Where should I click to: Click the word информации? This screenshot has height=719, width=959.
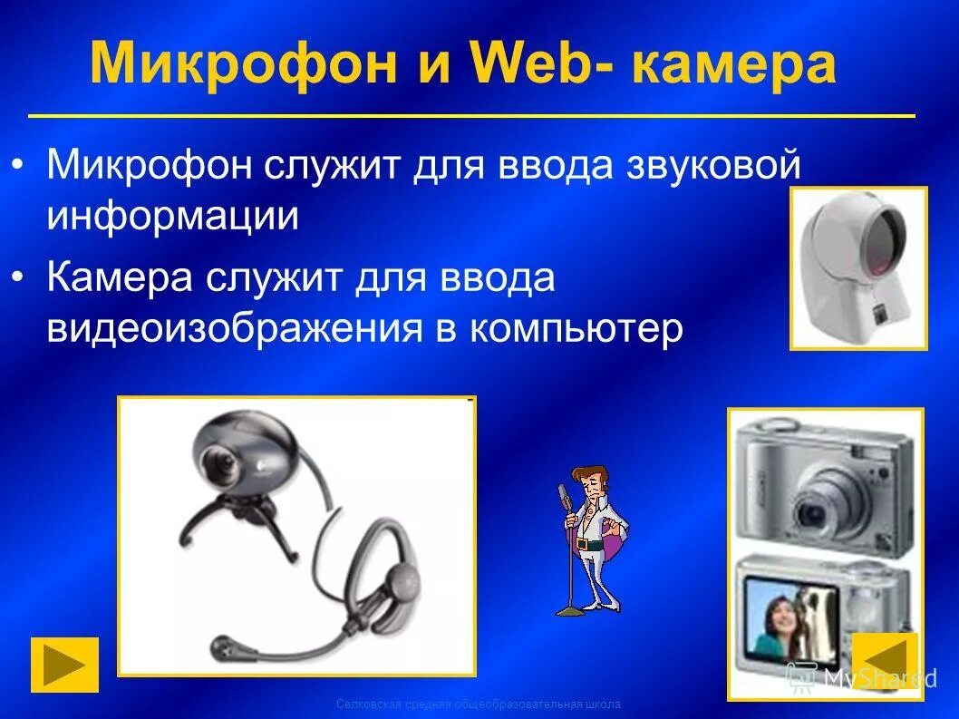(x=173, y=216)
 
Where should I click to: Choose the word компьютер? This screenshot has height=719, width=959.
(x=575, y=330)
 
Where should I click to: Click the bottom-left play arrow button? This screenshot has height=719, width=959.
(x=64, y=665)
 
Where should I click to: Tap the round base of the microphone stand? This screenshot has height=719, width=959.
(x=570, y=612)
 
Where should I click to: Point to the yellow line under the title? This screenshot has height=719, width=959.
(x=471, y=117)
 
